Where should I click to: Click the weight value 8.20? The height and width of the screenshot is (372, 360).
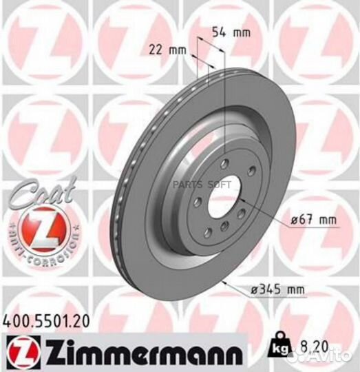[313, 342]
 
